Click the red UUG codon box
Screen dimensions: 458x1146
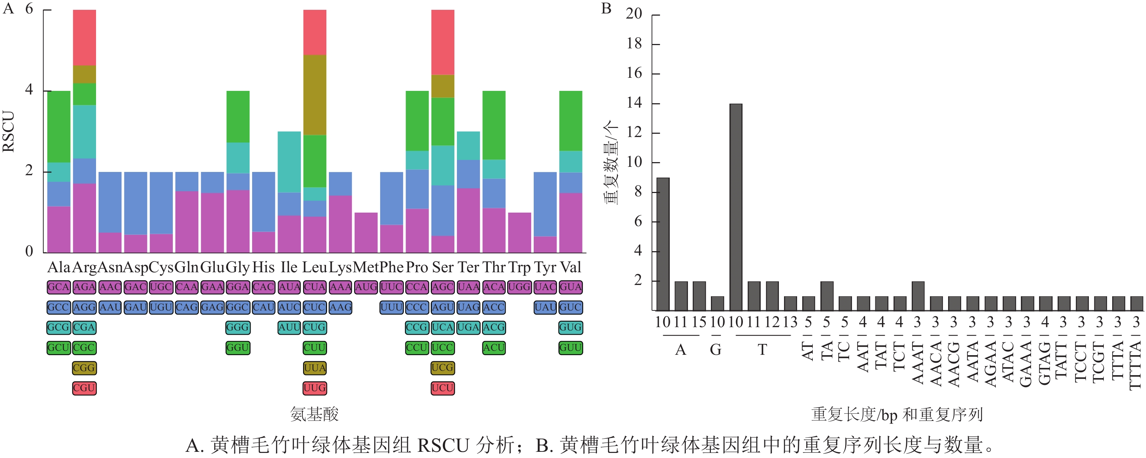click(x=315, y=388)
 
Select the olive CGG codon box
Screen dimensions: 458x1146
click(x=84, y=368)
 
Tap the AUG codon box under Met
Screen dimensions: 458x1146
click(x=366, y=287)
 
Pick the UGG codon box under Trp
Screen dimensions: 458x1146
click(x=519, y=287)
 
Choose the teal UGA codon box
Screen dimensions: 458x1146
click(x=468, y=327)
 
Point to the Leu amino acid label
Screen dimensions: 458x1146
click(x=315, y=267)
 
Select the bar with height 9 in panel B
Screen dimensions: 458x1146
click(x=663, y=244)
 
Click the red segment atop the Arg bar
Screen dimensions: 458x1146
click(x=84, y=38)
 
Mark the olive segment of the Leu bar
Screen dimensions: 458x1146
click(x=315, y=95)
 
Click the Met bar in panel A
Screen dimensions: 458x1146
click(x=366, y=233)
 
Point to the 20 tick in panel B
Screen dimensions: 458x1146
click(x=634, y=14)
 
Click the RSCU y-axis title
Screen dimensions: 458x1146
click(x=9, y=131)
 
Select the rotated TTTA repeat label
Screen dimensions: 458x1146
click(x=1118, y=360)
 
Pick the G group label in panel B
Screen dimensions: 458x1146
click(x=715, y=350)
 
